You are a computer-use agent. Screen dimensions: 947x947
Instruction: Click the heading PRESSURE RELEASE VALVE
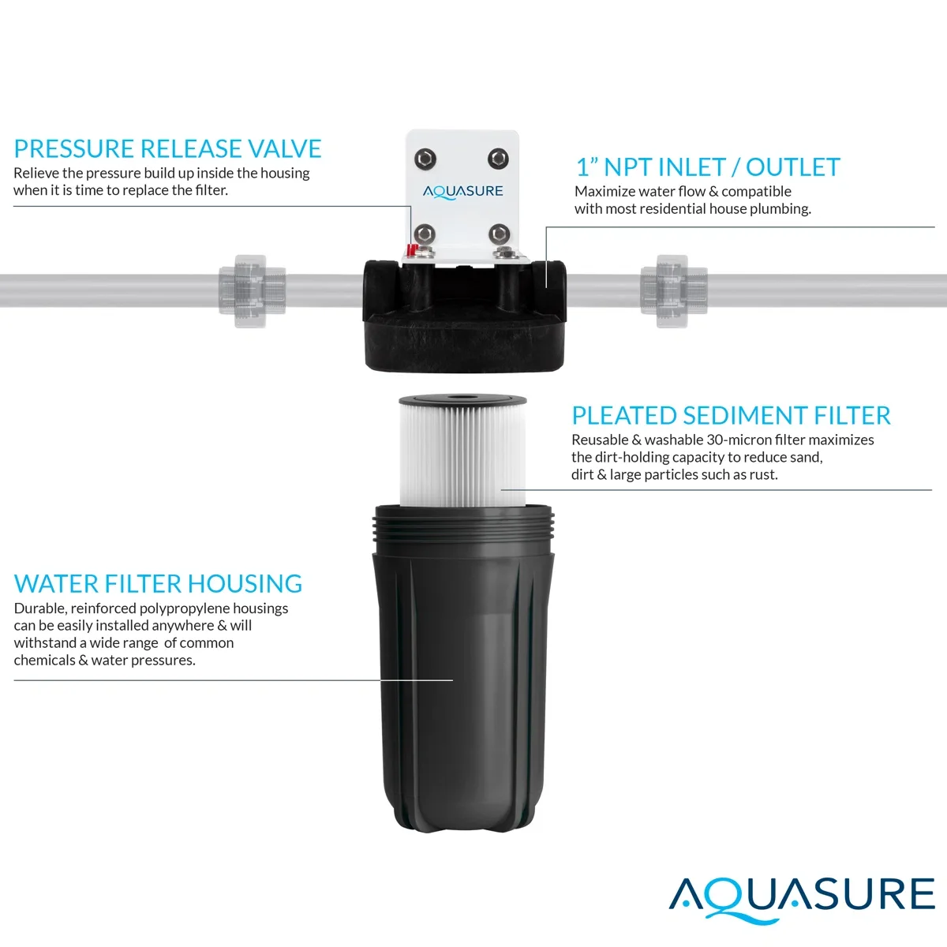coord(167,148)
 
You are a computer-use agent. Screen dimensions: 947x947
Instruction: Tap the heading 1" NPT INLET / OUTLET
coord(707,167)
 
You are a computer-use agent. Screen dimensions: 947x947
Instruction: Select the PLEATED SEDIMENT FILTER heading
coord(731,415)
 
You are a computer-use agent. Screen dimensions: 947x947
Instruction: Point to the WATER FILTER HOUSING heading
coord(158,583)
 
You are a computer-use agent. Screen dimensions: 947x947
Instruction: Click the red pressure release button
coord(410,250)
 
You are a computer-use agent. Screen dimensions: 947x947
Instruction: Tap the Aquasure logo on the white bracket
coord(462,191)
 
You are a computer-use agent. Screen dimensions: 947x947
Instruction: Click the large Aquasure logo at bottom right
coord(802,896)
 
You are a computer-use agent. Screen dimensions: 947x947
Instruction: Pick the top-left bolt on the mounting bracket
coord(425,159)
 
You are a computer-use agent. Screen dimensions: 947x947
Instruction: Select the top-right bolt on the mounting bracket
coord(498,159)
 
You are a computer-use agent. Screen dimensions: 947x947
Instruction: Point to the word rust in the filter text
coord(763,474)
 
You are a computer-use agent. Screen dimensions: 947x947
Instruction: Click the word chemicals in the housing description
coord(44,661)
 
